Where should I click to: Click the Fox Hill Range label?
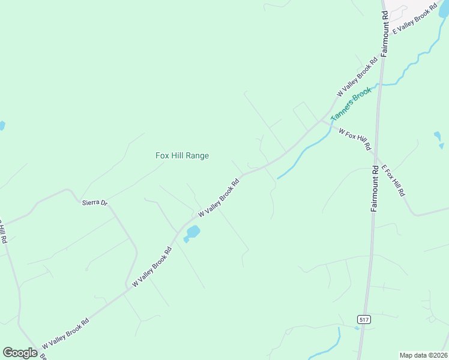pos(182,155)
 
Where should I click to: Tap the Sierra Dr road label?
pos(94,203)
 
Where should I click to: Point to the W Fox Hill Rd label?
pos(355,139)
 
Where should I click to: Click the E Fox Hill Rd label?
pos(393,181)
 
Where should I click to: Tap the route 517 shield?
pos(363,319)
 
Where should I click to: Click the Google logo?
pos(20,353)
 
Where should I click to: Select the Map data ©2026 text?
pos(423,355)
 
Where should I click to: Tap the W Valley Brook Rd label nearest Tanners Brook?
pos(357,77)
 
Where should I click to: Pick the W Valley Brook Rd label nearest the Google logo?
pos(66,335)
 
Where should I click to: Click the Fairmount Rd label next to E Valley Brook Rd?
pos(385,33)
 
